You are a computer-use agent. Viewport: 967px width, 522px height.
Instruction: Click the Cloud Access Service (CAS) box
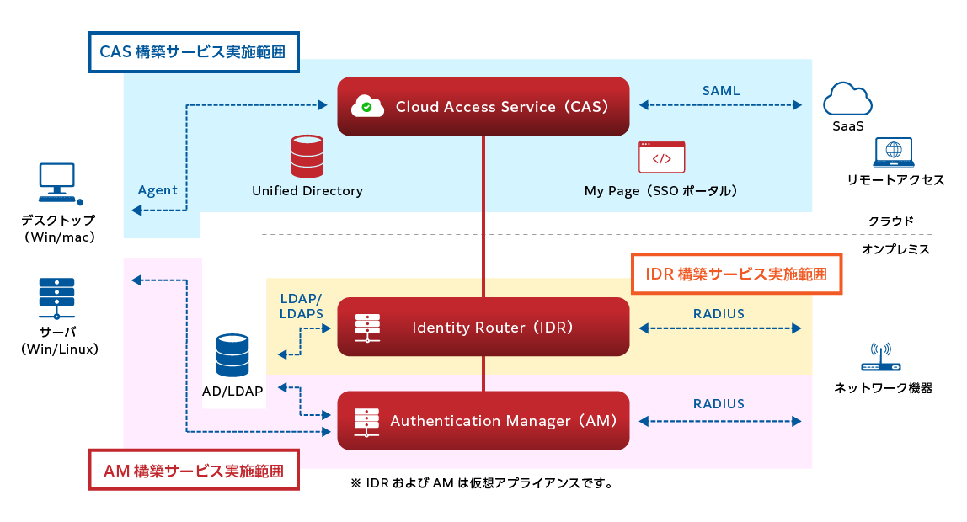(483, 106)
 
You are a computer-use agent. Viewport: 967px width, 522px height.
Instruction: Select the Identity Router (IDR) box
(483, 327)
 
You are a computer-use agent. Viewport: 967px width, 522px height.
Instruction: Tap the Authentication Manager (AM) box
(483, 420)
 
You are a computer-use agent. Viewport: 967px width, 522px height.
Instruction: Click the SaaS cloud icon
(847, 99)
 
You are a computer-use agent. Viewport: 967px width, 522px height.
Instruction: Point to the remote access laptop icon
(894, 152)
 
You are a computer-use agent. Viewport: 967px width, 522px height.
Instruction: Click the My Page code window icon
(661, 157)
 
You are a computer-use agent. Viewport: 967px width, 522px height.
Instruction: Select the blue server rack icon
(57, 296)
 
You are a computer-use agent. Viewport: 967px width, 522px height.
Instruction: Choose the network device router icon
(881, 359)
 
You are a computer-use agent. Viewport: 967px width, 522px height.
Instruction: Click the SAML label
(721, 89)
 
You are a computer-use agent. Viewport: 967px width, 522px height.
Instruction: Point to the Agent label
(158, 190)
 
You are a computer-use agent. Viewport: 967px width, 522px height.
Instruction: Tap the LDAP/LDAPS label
(301, 306)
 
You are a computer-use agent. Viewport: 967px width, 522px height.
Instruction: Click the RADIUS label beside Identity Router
(719, 313)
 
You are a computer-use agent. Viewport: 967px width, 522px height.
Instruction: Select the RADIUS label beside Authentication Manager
(719, 403)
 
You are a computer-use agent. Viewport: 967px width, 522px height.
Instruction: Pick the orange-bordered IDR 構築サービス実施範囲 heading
(736, 274)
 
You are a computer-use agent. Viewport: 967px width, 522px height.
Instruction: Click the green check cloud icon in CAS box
(365, 105)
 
